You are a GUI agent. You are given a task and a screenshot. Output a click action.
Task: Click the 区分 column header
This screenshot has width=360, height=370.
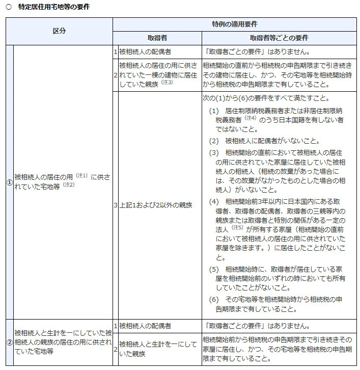[59, 31]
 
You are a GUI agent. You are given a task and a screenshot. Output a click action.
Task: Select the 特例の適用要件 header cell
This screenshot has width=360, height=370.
[234, 24]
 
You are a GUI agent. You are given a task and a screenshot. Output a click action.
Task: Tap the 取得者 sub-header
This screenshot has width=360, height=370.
[157, 38]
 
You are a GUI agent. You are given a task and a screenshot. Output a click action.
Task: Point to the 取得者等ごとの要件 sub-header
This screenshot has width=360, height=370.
[279, 38]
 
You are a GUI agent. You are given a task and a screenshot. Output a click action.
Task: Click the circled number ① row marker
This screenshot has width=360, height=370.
[9, 182]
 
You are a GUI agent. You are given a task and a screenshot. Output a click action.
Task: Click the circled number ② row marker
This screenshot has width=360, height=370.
[9, 342]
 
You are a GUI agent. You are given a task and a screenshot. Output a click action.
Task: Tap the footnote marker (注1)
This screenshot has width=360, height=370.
[82, 175]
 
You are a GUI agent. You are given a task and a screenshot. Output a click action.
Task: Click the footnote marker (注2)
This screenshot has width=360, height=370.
[69, 184]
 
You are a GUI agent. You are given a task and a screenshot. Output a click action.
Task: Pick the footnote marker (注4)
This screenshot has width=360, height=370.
[250, 117]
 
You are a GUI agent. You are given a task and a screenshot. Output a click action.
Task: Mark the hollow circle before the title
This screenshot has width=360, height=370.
[8, 7]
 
